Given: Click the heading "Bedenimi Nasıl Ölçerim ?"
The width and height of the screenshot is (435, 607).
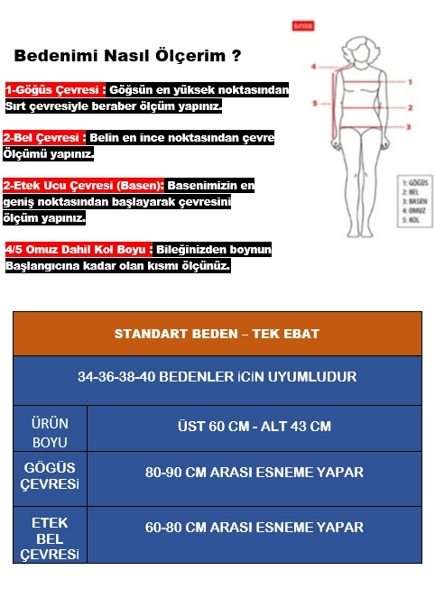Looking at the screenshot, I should (x=128, y=56).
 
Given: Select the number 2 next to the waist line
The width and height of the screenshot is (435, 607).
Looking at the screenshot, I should (x=410, y=107).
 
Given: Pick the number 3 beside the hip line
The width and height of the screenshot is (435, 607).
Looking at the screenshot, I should (x=409, y=127).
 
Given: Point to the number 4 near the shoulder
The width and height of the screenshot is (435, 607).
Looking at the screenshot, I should (x=313, y=67).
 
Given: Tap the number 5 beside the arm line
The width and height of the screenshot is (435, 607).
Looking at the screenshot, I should (x=314, y=104).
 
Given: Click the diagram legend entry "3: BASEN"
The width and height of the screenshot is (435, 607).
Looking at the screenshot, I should (x=414, y=201).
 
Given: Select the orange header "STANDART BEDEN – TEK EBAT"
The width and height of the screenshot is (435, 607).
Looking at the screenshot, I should (x=217, y=334).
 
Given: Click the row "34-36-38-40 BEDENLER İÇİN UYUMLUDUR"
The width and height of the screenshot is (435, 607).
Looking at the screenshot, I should (x=217, y=376).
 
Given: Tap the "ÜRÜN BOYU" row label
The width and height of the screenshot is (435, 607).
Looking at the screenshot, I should (x=50, y=432).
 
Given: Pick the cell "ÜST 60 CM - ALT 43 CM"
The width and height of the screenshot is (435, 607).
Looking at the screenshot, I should (x=254, y=426).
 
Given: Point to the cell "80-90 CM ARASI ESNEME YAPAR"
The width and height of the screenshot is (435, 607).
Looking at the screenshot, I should (x=254, y=472).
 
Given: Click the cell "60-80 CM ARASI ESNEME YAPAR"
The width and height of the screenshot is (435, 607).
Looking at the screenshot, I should (x=254, y=527).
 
